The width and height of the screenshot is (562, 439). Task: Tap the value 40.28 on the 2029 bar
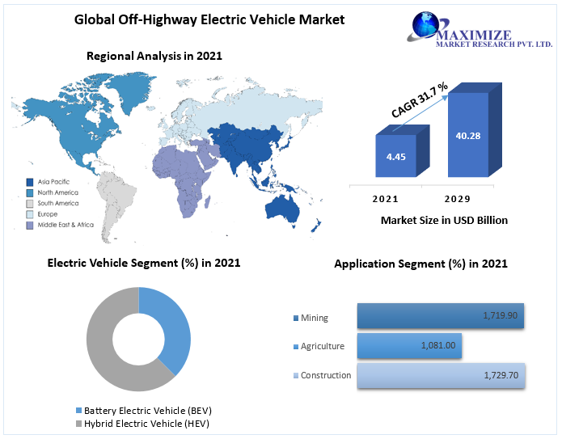click(x=467, y=135)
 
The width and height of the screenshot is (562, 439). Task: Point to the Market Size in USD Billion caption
click(x=443, y=220)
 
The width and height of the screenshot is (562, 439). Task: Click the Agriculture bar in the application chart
click(x=408, y=345)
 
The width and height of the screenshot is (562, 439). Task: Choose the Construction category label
click(x=326, y=375)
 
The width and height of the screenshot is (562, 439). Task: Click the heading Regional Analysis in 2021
click(x=154, y=56)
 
